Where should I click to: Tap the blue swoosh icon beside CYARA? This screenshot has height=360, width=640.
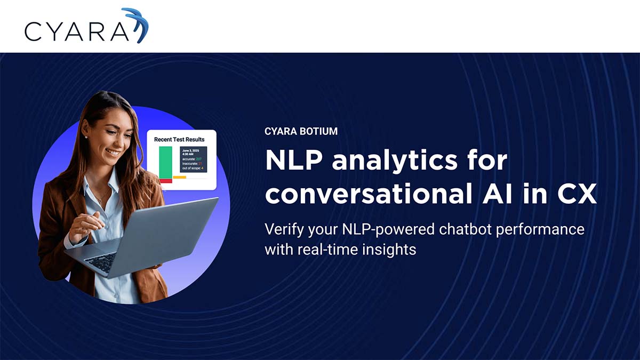click(138, 24)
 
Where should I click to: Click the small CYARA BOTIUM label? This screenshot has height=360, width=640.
click(301, 131)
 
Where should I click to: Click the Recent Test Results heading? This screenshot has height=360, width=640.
click(179, 139)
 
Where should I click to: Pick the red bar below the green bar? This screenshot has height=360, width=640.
click(165, 181)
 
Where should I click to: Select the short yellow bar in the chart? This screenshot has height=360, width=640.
click(179, 177)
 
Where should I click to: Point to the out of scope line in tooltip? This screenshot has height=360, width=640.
click(193, 169)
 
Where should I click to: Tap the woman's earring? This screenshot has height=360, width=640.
click(86, 137)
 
